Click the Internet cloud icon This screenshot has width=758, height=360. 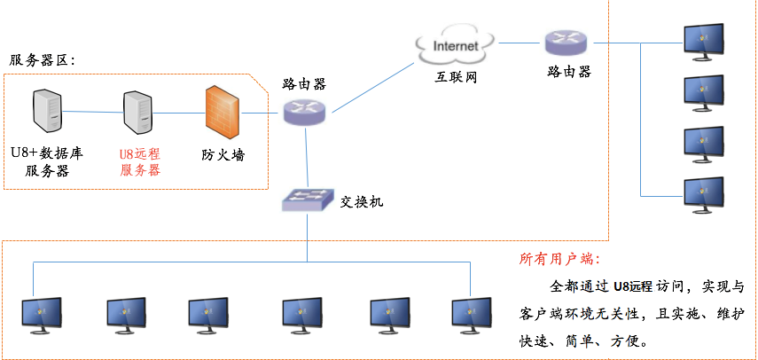click(x=455, y=44)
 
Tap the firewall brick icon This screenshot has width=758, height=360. click(x=222, y=113)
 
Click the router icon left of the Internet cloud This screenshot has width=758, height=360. click(x=305, y=111)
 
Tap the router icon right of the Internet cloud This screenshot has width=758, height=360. click(x=567, y=41)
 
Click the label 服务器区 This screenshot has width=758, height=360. click(x=42, y=60)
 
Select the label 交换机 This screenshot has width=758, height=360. click(x=362, y=201)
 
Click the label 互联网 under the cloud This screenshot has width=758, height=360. click(x=456, y=78)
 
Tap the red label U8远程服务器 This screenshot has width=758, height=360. click(x=140, y=160)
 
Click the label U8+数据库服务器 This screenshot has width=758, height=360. click(x=46, y=160)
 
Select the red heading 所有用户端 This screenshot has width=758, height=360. click(x=559, y=260)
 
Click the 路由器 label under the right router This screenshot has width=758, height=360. click(x=569, y=71)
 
